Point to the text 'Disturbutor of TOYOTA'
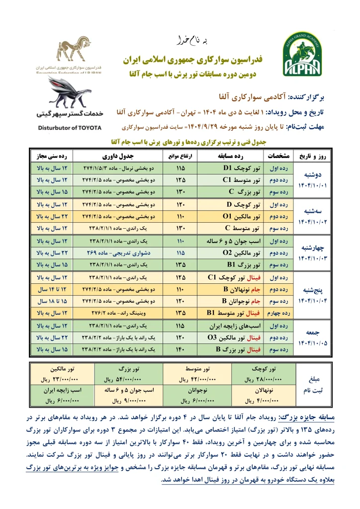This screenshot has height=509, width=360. pos(69,128)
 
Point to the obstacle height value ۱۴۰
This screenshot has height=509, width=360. pos(181,349)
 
